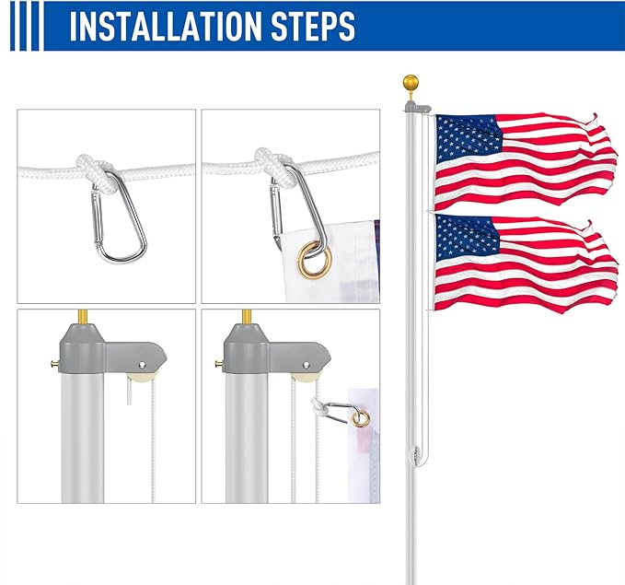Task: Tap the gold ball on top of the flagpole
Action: point(410,85)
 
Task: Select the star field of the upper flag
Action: point(468,139)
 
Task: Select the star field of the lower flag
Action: point(468,239)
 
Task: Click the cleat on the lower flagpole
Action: point(417,454)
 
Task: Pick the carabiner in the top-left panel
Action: point(119,217)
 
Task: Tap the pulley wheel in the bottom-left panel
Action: point(143,371)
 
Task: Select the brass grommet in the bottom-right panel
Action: point(361,419)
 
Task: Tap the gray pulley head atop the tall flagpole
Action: point(416,109)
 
